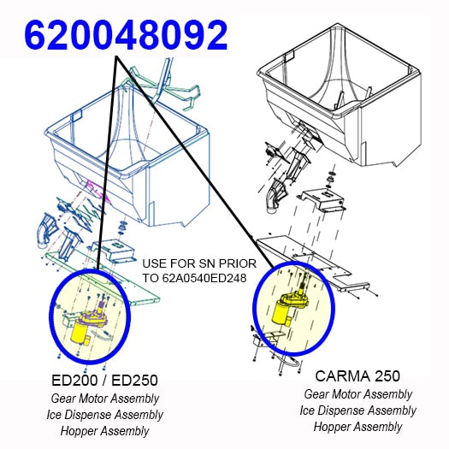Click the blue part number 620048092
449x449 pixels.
126,35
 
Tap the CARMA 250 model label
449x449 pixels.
357,375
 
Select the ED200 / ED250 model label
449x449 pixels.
104,381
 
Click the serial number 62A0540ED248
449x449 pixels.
204,278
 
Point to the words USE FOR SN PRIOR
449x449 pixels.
199,263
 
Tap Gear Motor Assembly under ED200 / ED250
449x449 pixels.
105,399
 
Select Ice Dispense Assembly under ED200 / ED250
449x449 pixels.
105,415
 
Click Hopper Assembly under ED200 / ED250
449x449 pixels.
105,431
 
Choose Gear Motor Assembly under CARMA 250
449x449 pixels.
358,394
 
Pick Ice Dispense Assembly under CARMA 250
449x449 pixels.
358,411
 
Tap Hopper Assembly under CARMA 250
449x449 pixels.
358,427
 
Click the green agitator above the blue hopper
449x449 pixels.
161,86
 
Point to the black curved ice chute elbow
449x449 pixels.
275,195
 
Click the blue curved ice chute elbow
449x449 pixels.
46,231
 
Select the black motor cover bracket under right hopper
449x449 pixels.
322,199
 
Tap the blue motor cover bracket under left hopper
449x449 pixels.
113,251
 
